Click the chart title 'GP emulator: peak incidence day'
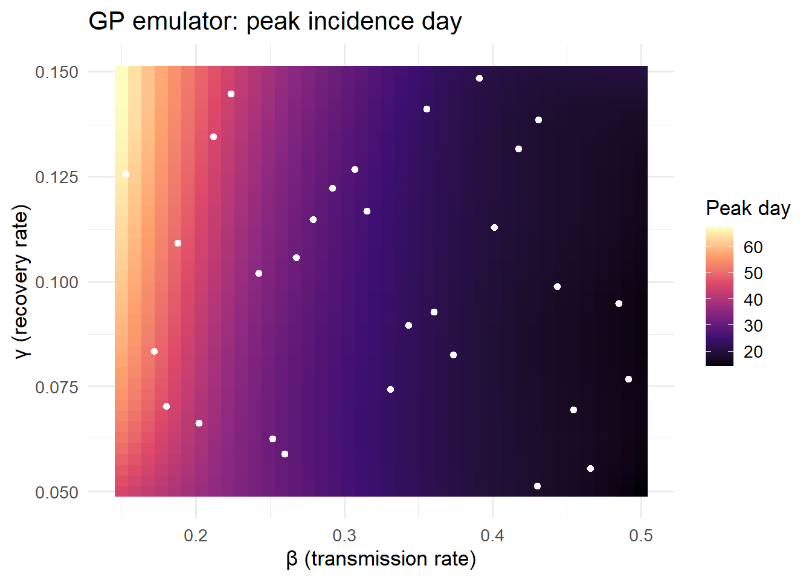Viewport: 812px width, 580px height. tap(275, 21)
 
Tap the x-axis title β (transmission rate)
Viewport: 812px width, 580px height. tap(381, 559)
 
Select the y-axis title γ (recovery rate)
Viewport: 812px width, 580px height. tap(21, 282)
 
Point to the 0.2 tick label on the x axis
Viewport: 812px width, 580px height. tap(196, 535)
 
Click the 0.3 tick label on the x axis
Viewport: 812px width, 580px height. tap(344, 535)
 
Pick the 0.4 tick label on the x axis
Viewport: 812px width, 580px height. tap(492, 535)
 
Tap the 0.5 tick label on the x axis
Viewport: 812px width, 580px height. tap(641, 535)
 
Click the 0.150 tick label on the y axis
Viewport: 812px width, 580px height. tap(57, 72)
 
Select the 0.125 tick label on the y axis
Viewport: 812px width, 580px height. tap(57, 177)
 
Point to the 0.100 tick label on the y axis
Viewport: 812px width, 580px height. tap(57, 282)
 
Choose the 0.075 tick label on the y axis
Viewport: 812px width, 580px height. tap(57, 387)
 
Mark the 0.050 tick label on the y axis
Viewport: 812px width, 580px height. tap(57, 492)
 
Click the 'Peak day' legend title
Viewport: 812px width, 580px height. tap(748, 209)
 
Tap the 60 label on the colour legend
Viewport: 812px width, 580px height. tap(753, 247)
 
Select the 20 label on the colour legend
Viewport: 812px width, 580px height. tap(753, 352)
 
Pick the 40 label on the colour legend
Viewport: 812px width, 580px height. tap(753, 300)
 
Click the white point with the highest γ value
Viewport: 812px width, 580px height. tap(479, 79)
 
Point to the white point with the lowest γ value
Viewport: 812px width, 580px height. tap(537, 486)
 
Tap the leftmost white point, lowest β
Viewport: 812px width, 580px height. tap(126, 175)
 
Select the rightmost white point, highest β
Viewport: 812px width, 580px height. tap(628, 379)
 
